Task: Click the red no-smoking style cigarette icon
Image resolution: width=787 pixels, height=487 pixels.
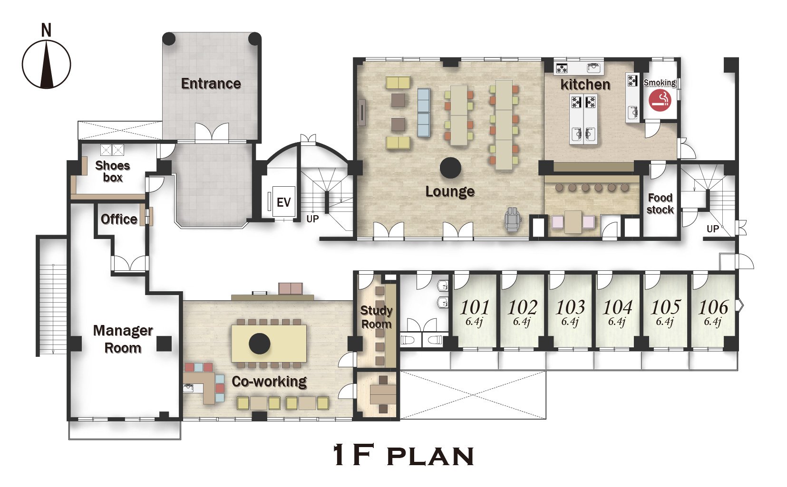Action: [x=660, y=100]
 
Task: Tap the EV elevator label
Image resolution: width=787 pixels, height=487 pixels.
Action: [x=283, y=202]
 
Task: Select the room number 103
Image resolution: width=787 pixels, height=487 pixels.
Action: [x=570, y=307]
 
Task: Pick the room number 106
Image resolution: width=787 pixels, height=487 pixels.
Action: [x=713, y=307]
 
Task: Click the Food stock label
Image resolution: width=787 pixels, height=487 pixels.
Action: [x=660, y=204]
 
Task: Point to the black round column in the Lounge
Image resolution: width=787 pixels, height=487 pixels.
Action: [x=450, y=168]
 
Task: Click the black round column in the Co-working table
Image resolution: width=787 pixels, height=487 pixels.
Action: [x=259, y=344]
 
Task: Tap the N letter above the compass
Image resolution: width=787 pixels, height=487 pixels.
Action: [x=47, y=30]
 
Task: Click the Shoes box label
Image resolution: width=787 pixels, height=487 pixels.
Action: [x=113, y=172]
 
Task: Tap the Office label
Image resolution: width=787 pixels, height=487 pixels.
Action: [x=119, y=219]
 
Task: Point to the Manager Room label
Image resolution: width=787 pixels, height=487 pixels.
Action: [x=123, y=339]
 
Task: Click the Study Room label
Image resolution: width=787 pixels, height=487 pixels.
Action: [x=376, y=317]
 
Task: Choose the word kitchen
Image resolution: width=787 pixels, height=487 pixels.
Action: [x=585, y=85]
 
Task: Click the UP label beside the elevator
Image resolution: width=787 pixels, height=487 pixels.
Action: [x=312, y=219]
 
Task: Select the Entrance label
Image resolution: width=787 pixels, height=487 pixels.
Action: [x=211, y=84]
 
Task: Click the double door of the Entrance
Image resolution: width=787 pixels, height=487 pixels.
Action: [x=212, y=132]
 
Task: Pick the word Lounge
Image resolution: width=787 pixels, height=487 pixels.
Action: [x=450, y=191]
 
